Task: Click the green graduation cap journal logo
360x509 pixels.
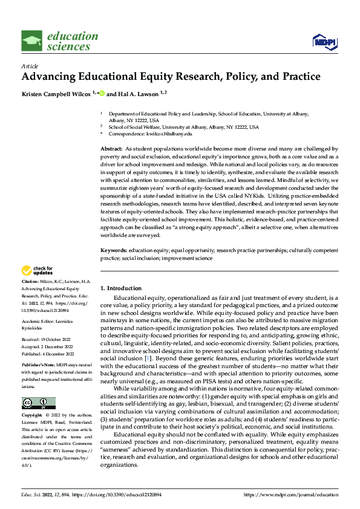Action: (31, 41)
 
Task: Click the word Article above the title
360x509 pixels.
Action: (29, 65)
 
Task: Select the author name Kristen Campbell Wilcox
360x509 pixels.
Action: (56, 94)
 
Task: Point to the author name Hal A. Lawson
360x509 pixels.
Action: (131, 94)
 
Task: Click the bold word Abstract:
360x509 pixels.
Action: (111, 148)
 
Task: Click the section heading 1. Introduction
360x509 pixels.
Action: (121, 288)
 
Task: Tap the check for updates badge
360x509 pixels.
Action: (38, 271)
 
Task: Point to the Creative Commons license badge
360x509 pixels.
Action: (38, 403)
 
